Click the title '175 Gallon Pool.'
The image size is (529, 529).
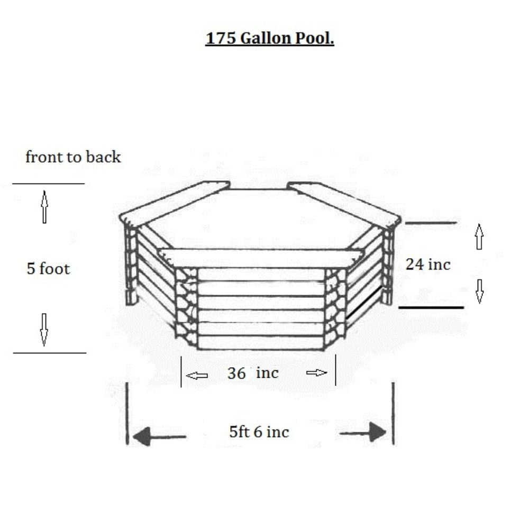270,39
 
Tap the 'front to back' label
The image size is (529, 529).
73,157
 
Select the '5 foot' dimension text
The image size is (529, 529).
48,269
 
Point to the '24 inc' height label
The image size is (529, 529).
428,264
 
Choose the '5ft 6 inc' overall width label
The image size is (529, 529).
259,432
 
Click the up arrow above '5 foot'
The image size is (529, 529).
44,206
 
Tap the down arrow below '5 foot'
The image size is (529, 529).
44,329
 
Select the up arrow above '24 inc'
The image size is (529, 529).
479,236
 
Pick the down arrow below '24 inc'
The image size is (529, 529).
479,291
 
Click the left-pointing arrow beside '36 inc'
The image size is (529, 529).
197,376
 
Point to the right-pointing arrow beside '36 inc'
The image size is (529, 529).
317,373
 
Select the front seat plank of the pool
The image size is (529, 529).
262,258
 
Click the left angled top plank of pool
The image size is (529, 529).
175,202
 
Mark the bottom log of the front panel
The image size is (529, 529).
260,342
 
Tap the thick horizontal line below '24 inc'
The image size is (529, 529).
431,307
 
